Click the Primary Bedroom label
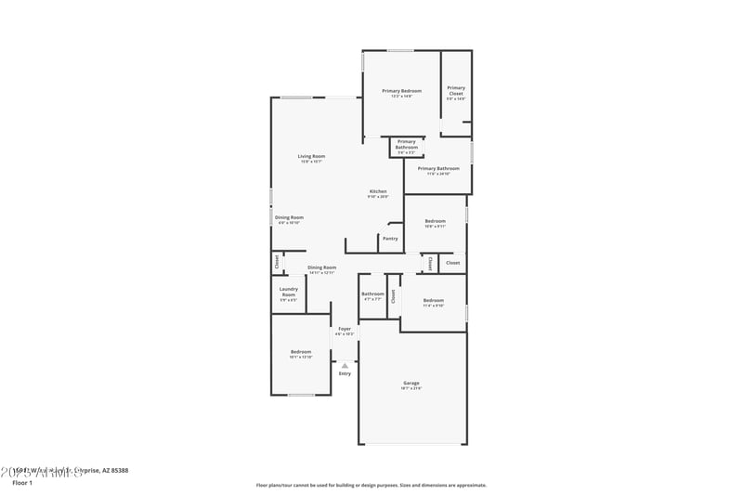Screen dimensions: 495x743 [401, 91]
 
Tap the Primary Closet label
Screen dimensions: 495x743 [456, 91]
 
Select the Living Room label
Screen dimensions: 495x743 [311, 156]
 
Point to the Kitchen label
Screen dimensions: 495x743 [378, 191]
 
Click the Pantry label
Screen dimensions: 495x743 [390, 239]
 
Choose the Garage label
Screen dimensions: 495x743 [411, 383]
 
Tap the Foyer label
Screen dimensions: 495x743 [345, 329]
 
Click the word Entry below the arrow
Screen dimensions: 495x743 [345, 373]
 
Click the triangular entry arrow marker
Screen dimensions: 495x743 [345, 365]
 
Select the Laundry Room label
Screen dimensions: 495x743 [288, 293]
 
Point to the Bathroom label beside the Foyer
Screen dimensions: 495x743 [372, 294]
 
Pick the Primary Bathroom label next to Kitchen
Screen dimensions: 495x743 [438, 169]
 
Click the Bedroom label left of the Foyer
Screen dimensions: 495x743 [300, 352]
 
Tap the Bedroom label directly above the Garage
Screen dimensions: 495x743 [434, 300]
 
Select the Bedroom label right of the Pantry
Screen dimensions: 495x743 [435, 221]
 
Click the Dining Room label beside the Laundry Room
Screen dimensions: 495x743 [322, 267]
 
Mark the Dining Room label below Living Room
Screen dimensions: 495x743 [289, 217]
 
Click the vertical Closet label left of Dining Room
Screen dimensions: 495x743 [277, 263]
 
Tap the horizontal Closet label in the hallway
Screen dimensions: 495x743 [452, 263]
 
